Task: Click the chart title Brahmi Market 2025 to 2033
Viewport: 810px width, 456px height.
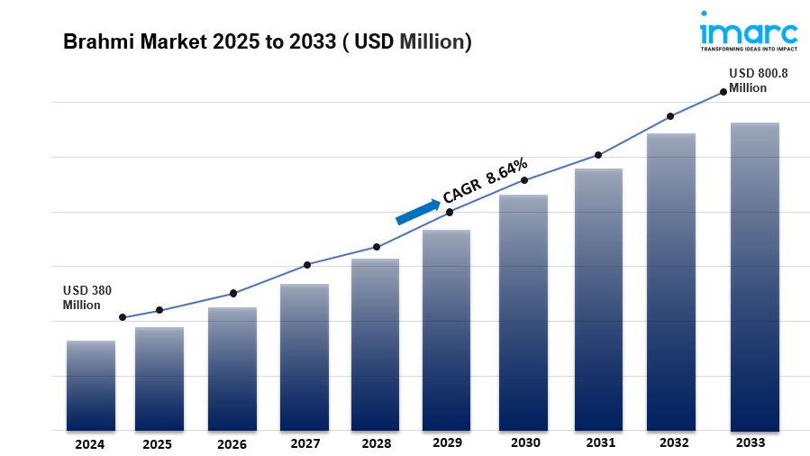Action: point(267,42)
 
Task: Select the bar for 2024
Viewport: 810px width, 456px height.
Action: point(90,386)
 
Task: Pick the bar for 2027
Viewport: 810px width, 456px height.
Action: point(304,357)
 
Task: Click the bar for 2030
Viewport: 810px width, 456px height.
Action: point(523,313)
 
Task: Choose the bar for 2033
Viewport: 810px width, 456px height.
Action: point(754,277)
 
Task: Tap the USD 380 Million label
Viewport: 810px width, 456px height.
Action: point(87,297)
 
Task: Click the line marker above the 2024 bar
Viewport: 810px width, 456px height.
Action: point(123,317)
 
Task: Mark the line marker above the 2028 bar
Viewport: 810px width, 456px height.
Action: point(377,247)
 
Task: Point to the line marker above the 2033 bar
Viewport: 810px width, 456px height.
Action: point(723,91)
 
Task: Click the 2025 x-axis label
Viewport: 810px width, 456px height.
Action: point(157,443)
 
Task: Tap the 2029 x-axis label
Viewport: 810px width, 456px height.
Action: point(447,442)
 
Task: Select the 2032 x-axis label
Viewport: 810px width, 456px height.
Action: point(674,442)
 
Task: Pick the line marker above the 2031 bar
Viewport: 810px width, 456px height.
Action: point(597,155)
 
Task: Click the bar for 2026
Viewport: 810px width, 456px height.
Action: point(232,369)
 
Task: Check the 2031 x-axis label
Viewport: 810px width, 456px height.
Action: point(600,442)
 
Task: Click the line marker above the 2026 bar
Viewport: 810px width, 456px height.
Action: point(233,293)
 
